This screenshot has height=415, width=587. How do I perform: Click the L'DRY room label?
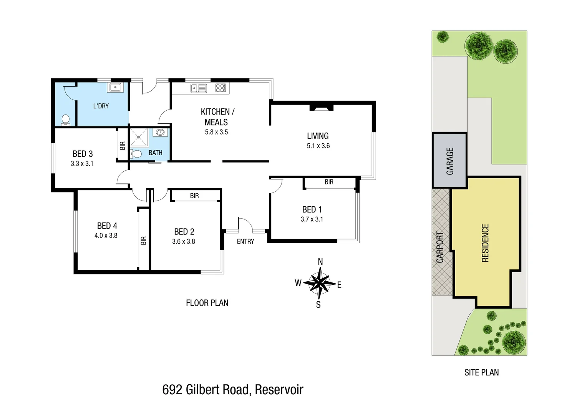(101, 106)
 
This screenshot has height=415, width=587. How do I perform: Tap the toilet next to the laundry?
(66, 120)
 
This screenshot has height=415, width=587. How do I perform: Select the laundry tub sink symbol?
(116, 87)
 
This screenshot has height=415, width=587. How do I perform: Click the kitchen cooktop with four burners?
(221, 88)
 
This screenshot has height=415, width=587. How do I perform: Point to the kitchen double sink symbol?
(199, 88)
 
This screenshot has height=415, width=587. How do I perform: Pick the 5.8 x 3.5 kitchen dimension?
(216, 132)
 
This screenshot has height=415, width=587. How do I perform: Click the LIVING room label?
(318, 136)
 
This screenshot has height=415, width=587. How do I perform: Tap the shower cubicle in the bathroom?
(139, 138)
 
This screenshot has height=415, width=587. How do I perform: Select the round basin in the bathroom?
(160, 133)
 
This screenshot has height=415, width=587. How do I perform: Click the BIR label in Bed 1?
(329, 182)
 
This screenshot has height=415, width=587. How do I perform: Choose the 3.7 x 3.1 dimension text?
(312, 219)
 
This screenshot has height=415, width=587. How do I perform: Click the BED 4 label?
(107, 226)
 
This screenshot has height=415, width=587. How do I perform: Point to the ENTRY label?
(245, 242)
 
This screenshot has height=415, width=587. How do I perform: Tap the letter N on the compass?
(320, 262)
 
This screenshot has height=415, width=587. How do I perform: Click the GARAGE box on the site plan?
(450, 161)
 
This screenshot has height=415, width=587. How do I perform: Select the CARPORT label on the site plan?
(440, 247)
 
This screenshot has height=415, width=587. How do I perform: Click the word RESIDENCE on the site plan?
(485, 243)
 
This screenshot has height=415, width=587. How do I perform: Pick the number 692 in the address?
(172, 390)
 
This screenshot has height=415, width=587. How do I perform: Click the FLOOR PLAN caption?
(207, 303)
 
